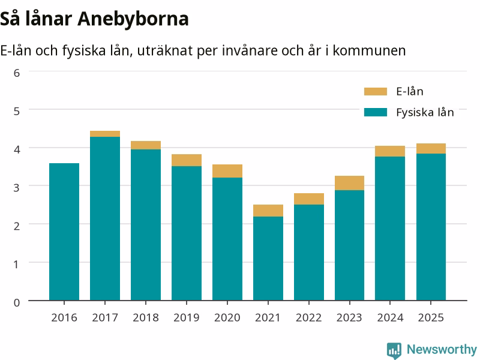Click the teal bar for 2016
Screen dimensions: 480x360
click(64, 232)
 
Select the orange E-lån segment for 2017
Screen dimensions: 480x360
click(105, 134)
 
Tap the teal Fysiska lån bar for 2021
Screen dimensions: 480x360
click(268, 259)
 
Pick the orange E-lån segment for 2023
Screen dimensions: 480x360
click(350, 183)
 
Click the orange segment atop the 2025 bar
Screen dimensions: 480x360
click(431, 148)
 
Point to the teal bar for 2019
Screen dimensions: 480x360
click(187, 233)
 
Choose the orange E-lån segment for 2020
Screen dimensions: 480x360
click(227, 171)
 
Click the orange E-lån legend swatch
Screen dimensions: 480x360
click(376, 92)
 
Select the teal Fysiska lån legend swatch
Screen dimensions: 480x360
click(376, 112)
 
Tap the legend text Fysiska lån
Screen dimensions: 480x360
click(425, 113)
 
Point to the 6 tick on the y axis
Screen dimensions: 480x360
click(17, 73)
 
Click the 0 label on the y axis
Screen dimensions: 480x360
click(17, 302)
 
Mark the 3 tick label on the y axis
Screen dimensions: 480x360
click(17, 187)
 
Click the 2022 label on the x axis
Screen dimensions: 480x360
click(308, 318)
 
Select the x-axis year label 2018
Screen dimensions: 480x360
click(146, 318)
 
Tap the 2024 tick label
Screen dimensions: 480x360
click(390, 318)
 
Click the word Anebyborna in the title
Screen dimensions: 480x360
click(133, 19)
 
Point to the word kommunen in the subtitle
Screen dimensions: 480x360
click(369, 50)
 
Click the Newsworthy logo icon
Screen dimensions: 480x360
click(394, 350)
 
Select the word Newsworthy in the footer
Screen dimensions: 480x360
click(442, 349)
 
